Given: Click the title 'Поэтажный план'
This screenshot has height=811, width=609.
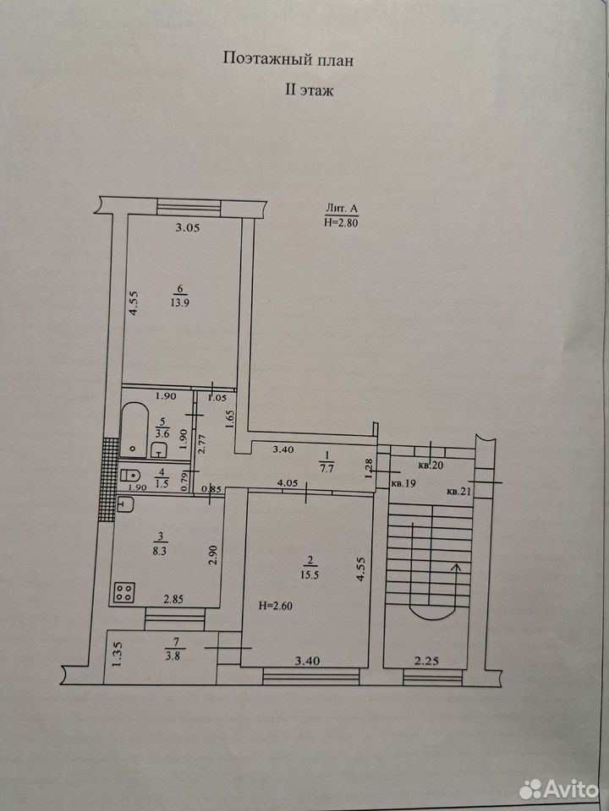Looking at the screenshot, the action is [x=288, y=59].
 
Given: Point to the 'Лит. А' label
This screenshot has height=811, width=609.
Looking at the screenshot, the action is [x=342, y=209].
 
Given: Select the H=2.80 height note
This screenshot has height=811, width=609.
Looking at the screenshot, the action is [x=341, y=222].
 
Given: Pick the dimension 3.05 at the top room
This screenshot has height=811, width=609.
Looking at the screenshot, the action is [x=187, y=227].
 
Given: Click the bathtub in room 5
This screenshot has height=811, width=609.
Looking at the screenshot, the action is [x=134, y=430].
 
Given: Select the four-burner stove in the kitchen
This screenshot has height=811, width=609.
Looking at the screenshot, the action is [x=124, y=592].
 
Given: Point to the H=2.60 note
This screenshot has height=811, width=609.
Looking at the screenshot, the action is [x=276, y=606].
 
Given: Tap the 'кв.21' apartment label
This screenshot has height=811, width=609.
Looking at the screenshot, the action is [x=459, y=492].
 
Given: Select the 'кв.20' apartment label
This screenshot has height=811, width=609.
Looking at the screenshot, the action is [x=431, y=465].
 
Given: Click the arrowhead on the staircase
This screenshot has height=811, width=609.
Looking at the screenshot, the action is [x=456, y=568].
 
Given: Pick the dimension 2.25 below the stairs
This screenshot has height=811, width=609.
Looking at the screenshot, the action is [x=427, y=661].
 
